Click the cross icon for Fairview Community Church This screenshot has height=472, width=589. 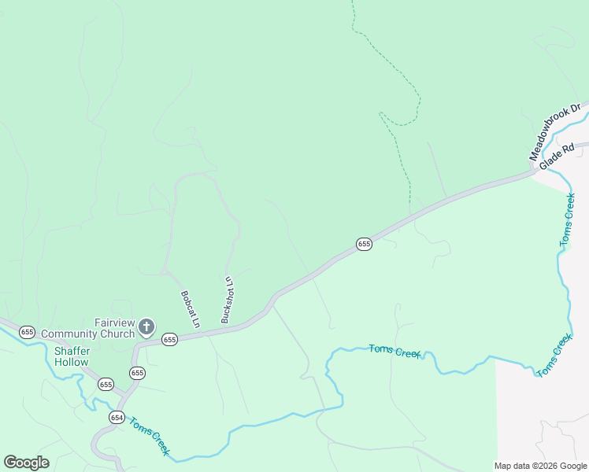(146, 326)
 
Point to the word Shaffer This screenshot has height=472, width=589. (72, 351)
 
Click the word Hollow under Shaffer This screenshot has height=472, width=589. (72, 363)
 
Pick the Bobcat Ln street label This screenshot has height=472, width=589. (190, 309)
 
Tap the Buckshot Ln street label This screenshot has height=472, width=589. (228, 300)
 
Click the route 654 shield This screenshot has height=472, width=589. (117, 417)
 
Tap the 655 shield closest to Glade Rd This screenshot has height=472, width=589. (363, 245)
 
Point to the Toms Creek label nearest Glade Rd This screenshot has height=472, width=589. (569, 220)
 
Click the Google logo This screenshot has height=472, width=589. (26, 463)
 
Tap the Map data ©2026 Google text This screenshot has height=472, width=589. (541, 466)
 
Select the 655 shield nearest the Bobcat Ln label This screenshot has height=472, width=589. (169, 339)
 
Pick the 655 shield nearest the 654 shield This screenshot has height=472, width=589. (106, 384)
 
